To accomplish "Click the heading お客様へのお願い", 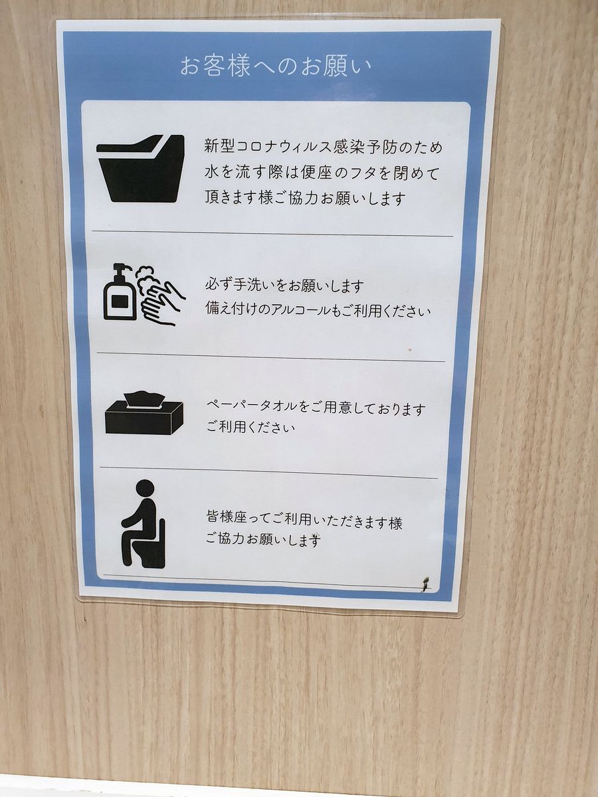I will click(275, 67).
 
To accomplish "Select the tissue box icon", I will click(144, 414).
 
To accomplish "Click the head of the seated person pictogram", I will click(145, 489).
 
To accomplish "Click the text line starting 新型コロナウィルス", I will click(324, 147).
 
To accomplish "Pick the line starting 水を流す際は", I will click(322, 173).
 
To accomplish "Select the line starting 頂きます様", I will click(305, 198).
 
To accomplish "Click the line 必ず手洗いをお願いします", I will click(284, 286).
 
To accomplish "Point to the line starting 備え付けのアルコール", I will click(318, 311).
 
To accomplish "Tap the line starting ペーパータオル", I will click(315, 408).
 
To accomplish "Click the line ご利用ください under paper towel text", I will click(250, 427).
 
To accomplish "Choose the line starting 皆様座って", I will click(304, 522).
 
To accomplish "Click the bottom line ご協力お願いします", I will click(264, 541).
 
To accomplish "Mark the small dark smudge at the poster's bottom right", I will click(426, 584).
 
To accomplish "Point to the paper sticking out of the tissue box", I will click(145, 398).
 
